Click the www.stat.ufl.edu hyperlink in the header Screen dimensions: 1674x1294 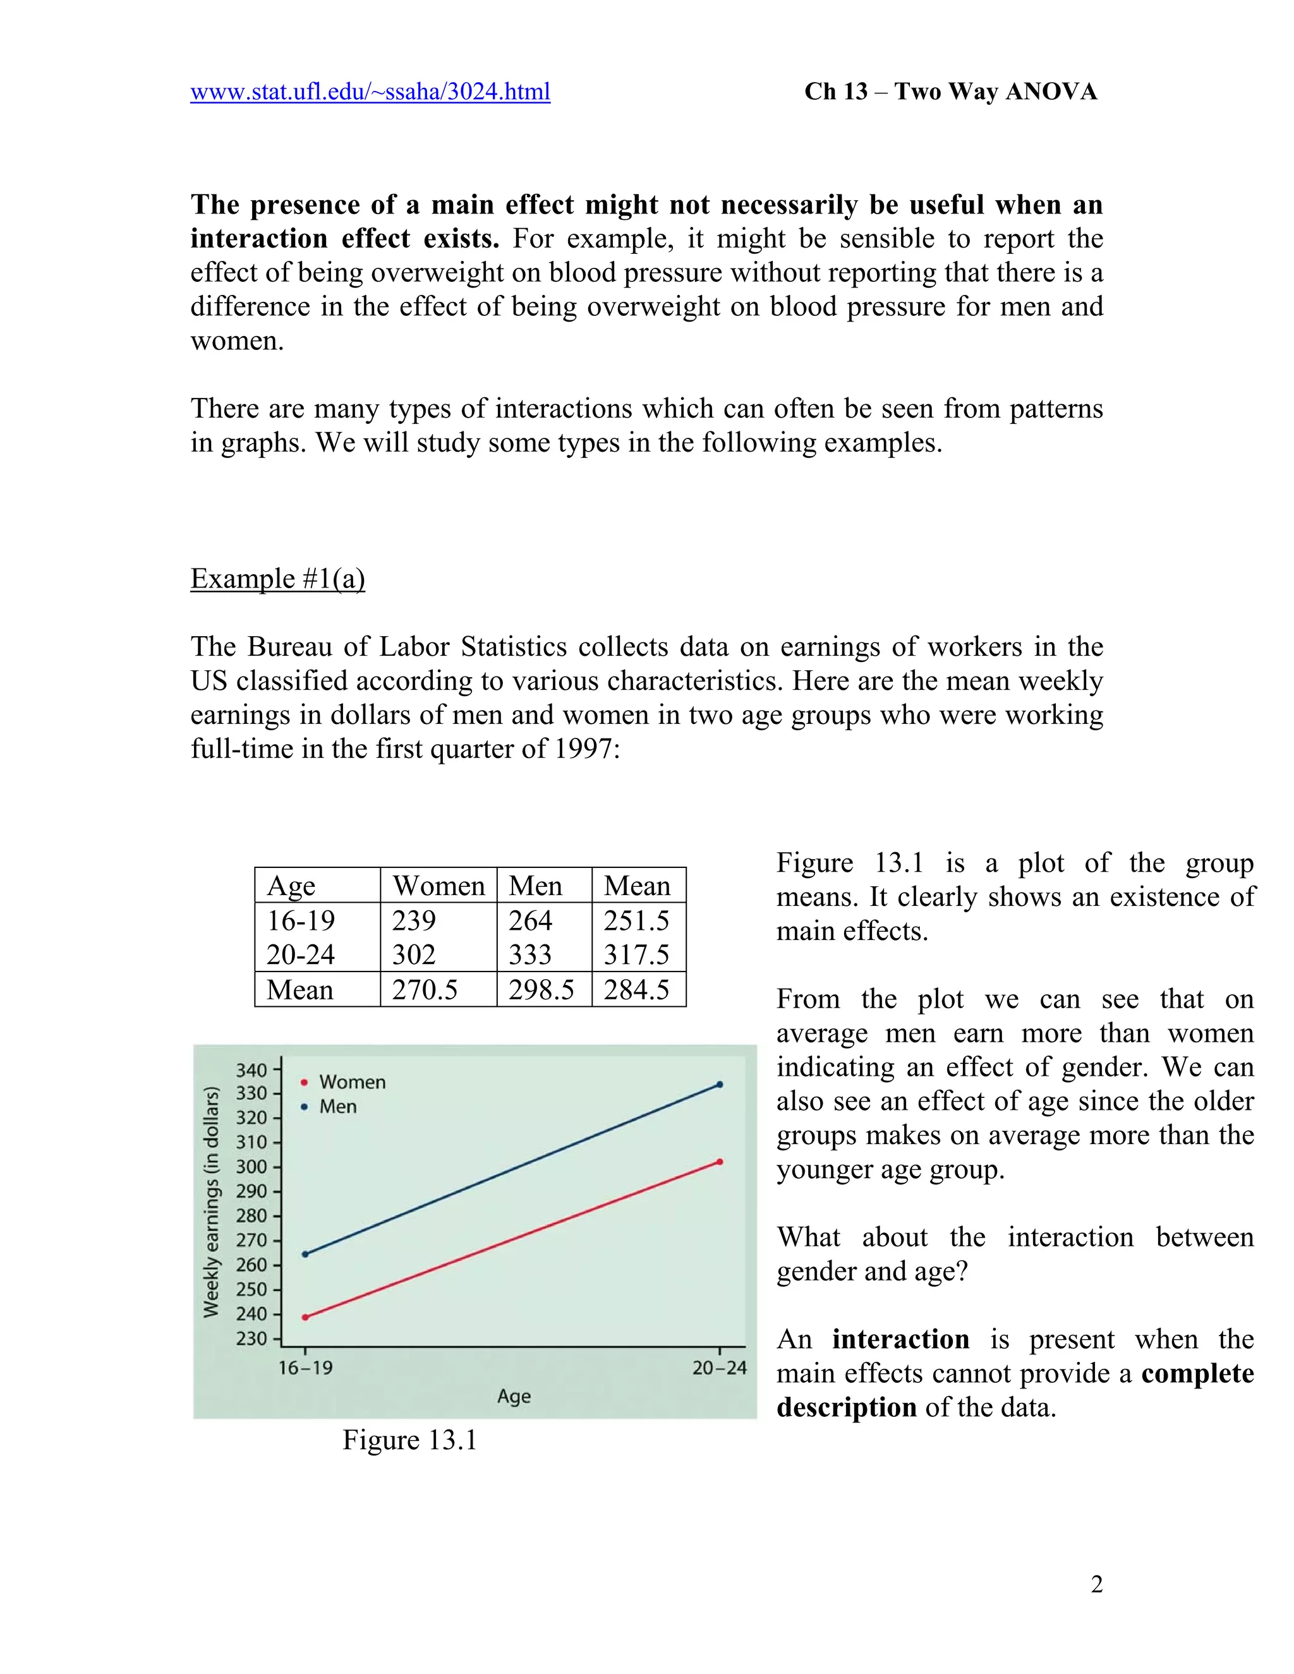(370, 92)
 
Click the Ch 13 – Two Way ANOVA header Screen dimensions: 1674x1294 (950, 92)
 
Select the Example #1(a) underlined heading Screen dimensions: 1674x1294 (277, 579)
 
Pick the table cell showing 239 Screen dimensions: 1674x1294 (414, 920)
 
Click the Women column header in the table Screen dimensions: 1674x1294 (438, 886)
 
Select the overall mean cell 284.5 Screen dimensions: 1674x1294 (636, 989)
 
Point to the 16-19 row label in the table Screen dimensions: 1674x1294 (301, 920)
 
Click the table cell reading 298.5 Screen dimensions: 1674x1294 (541, 989)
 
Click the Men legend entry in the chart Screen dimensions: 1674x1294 (337, 1107)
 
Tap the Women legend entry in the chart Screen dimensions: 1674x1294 (352, 1082)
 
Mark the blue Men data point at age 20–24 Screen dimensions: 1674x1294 (719, 1085)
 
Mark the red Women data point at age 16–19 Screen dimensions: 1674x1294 (305, 1318)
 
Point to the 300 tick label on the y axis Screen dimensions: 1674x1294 (251, 1167)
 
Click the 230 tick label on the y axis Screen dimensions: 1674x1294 (251, 1339)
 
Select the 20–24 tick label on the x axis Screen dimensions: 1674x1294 (719, 1368)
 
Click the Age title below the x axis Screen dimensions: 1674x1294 (514, 1397)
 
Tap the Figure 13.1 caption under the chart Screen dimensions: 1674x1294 (409, 1440)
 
